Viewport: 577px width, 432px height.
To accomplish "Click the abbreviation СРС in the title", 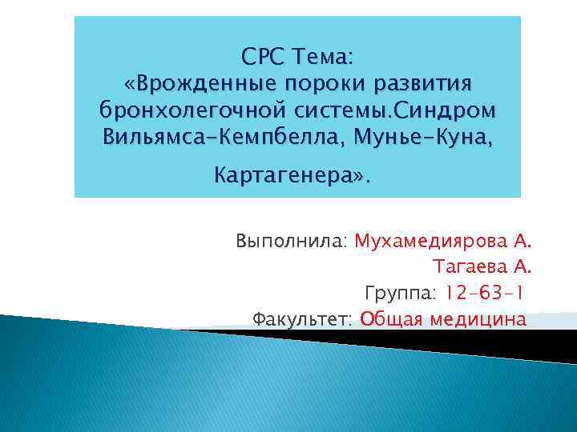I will (x=264, y=58).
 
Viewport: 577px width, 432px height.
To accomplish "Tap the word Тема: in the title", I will (x=329, y=58).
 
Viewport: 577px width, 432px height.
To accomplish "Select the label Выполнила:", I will (x=292, y=241).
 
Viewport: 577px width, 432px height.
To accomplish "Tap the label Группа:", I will (x=397, y=293).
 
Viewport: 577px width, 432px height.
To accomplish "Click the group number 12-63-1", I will (x=480, y=293).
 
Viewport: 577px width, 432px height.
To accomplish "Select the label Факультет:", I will (x=302, y=319).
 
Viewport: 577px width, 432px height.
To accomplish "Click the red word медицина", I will (x=478, y=319).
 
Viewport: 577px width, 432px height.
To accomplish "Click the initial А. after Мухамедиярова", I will (x=522, y=241).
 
